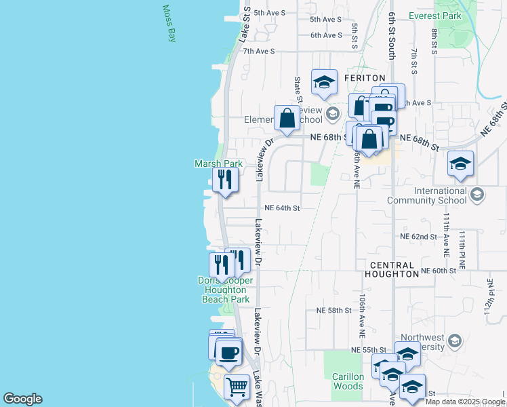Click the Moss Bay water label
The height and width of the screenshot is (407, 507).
169,24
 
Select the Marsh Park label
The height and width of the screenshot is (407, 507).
218,163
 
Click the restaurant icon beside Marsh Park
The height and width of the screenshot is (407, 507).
224,180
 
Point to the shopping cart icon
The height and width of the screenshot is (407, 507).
237,387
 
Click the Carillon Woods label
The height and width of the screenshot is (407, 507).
348,381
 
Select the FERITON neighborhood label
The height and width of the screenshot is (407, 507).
365,79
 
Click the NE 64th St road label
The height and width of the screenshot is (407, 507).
282,208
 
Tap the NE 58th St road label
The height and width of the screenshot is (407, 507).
334,310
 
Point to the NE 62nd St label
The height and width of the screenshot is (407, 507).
418,237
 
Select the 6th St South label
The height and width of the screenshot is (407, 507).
392,41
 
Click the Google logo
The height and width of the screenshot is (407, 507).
22,399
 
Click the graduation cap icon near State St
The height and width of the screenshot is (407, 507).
324,82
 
